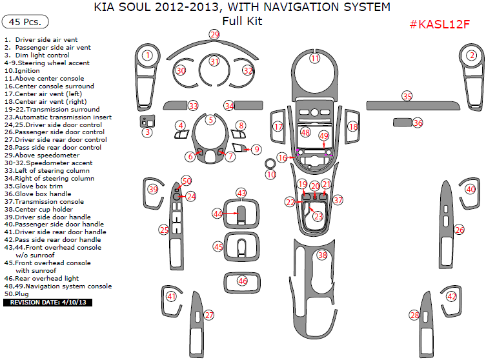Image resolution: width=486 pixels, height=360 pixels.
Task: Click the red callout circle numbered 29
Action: (214, 34)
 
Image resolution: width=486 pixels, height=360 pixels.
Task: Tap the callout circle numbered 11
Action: (315, 59)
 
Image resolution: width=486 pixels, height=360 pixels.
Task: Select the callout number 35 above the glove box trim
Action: (407, 96)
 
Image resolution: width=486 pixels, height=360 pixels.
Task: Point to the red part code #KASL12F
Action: (440, 25)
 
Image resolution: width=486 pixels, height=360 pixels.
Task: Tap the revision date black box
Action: (48, 302)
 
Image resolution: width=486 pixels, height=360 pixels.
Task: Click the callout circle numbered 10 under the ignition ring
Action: (271, 175)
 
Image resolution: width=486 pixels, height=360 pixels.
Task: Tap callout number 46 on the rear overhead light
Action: (242, 281)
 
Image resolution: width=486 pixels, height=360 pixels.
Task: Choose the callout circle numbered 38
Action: (322, 255)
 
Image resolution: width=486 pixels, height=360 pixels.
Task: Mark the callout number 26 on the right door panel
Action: (459, 230)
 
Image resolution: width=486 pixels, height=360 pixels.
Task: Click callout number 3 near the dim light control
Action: (147, 133)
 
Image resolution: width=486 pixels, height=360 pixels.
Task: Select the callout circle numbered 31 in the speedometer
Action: (214, 61)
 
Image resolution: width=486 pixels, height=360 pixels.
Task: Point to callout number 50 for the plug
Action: (187, 181)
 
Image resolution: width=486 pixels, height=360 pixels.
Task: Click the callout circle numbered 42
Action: (452, 297)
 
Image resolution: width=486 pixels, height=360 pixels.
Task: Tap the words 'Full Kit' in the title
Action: (242, 21)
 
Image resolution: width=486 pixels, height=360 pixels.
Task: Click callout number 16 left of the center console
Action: (282, 157)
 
